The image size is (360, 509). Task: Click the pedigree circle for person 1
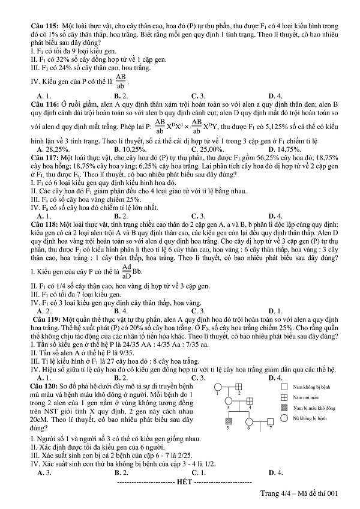tap(217, 387)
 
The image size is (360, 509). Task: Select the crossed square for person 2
tap(238, 387)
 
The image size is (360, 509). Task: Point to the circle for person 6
tap(248, 422)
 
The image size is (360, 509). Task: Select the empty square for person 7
tap(270, 422)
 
